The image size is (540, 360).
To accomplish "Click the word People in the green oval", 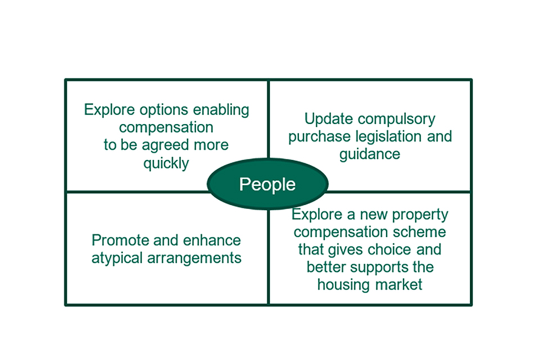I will coord(267,184).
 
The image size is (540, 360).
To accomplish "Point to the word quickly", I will coord(166,163).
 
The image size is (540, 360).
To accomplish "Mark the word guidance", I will coord(370,154).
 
